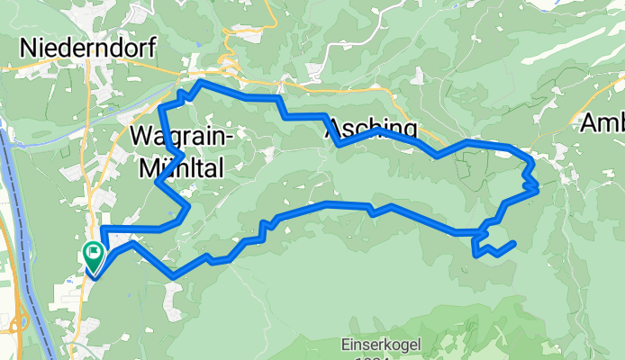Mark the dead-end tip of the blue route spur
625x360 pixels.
click(x=513, y=242)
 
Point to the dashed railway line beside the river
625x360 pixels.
click(x=20, y=225)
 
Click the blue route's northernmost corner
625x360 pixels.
click(x=199, y=82)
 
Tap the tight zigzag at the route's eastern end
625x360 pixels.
click(x=532, y=185)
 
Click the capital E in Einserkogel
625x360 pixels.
click(x=346, y=342)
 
